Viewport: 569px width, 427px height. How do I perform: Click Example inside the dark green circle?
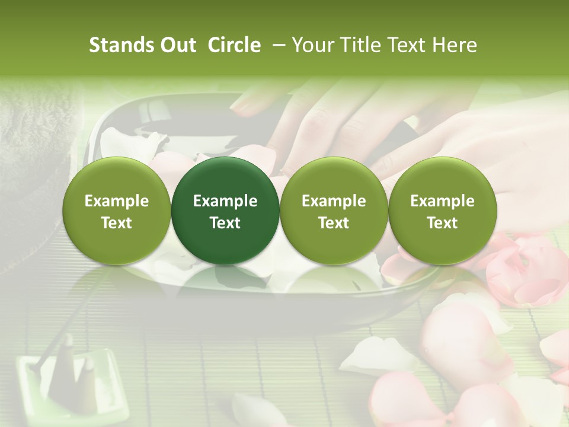225,201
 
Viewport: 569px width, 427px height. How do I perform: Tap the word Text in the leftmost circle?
116,223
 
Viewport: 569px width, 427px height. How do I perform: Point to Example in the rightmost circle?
442,201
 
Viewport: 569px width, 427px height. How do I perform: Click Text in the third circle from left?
334,223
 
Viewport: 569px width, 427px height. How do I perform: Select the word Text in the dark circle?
225,223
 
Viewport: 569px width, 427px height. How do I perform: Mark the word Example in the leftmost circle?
116,201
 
